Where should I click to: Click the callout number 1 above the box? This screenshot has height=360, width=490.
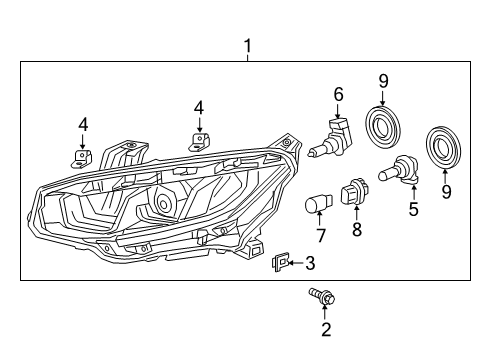coord(247,46)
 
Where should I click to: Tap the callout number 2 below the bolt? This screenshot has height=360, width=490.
coord(326,329)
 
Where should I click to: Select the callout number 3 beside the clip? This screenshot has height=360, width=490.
coord(310,263)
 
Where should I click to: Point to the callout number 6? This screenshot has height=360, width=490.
coord(338,94)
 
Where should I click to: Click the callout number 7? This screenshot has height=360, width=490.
coord(321,235)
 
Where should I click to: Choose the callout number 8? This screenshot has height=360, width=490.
coord(357,229)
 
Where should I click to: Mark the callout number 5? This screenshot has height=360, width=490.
coord(413,209)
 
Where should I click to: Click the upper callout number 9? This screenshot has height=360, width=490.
coord(384,81)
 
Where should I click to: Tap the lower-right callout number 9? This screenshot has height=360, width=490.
coord(446,192)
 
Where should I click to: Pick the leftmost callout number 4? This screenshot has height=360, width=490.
coord(83,125)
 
